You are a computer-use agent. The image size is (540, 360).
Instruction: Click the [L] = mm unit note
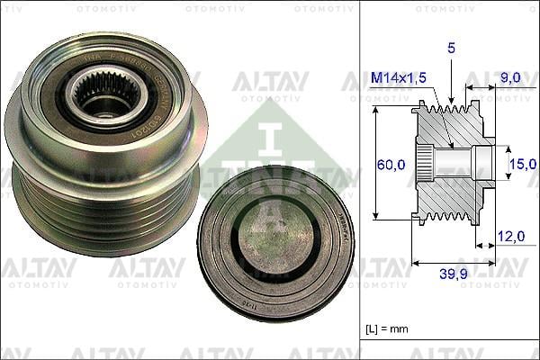pyautogui.click(x=388, y=329)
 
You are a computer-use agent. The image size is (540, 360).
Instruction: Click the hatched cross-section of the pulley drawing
pyautogui.click(x=450, y=193)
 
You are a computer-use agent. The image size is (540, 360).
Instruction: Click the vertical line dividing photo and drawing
pyautogui.click(x=359, y=180)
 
